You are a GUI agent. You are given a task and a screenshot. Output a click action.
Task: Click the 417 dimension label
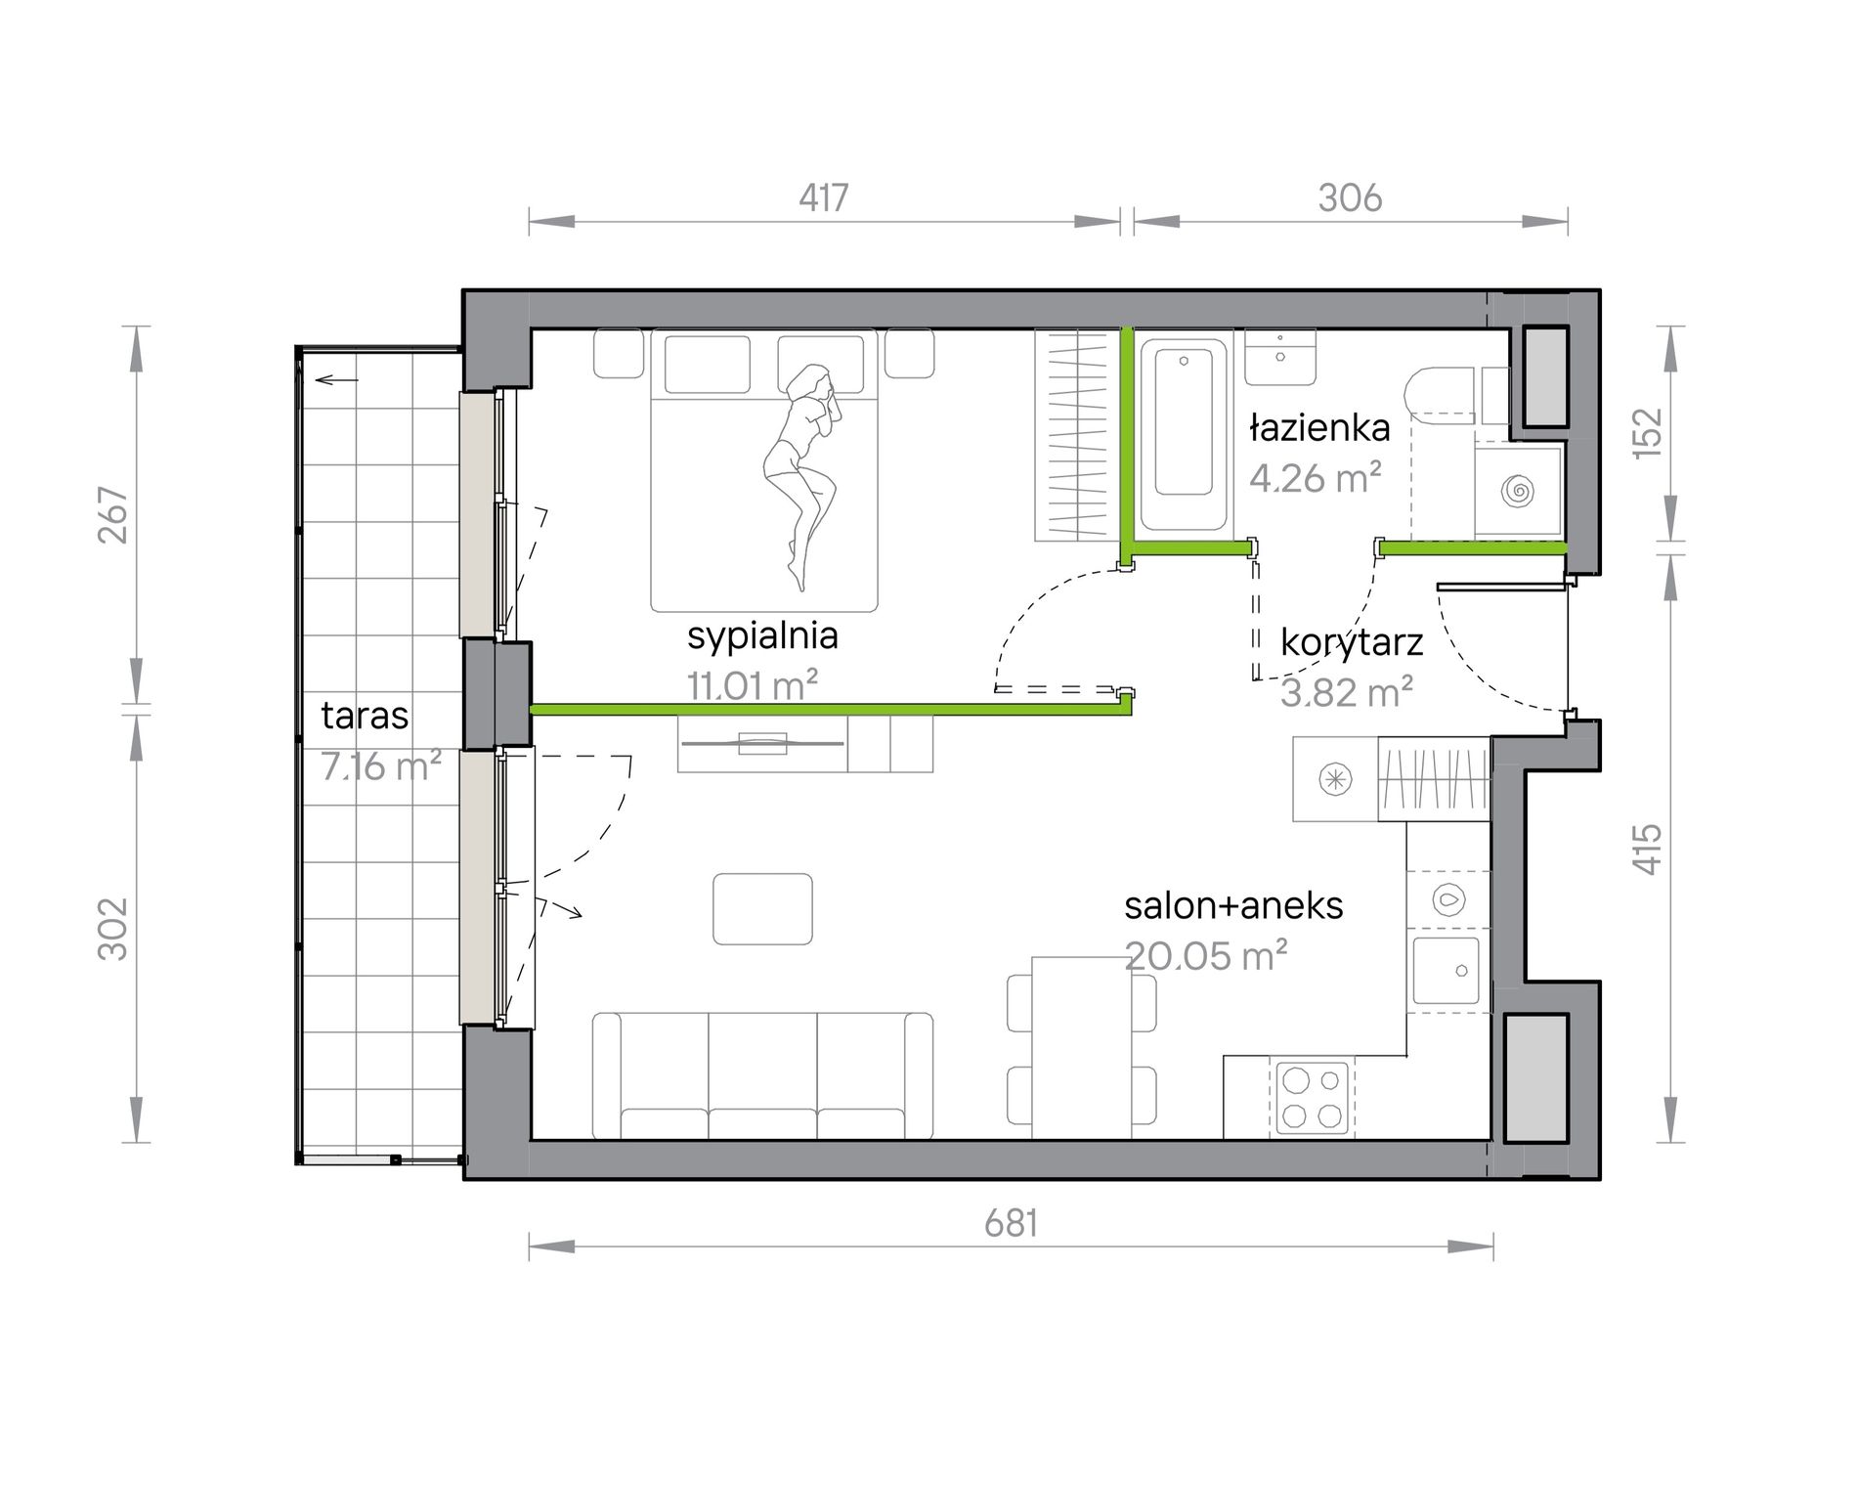click(x=823, y=198)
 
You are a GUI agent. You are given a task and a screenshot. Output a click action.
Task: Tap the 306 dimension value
click(x=1350, y=198)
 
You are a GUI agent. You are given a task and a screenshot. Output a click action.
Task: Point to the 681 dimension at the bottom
click(x=1011, y=1223)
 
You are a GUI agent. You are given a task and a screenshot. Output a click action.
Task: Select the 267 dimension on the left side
click(x=114, y=515)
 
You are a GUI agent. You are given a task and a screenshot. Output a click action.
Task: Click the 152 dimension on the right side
click(x=1648, y=431)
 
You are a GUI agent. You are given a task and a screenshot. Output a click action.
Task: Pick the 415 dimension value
click(x=1648, y=850)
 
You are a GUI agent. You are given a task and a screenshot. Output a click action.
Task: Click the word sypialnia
click(x=762, y=636)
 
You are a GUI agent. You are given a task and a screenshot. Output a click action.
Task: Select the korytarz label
click(x=1352, y=643)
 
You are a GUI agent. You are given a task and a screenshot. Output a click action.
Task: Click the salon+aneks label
click(x=1233, y=905)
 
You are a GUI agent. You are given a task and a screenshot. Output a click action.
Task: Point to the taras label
click(x=365, y=716)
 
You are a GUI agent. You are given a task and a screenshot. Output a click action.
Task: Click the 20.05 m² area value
click(x=1205, y=955)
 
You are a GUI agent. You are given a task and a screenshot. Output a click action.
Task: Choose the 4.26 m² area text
click(x=1315, y=477)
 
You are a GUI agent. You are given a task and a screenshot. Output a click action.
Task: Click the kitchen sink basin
click(x=1445, y=971)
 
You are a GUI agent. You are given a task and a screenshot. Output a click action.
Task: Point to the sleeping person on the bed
click(x=805, y=476)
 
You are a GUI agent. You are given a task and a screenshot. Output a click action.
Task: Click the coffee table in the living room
click(x=762, y=908)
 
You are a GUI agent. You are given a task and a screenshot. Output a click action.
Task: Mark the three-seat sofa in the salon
click(x=762, y=1075)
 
